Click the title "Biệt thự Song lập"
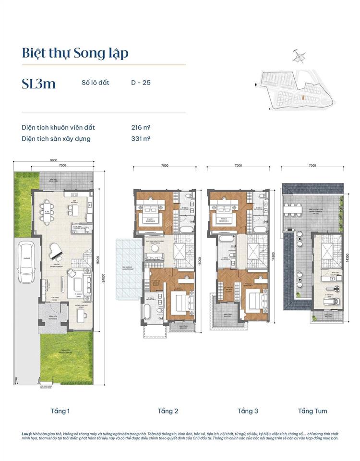[x=75, y=53]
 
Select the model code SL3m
[x=38, y=84]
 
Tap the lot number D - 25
[x=141, y=83]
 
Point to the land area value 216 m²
[x=141, y=127]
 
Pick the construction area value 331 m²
[x=141, y=139]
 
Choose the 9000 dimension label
[x=53, y=160]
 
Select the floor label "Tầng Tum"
[x=312, y=411]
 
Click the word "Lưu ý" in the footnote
[x=26, y=434]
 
